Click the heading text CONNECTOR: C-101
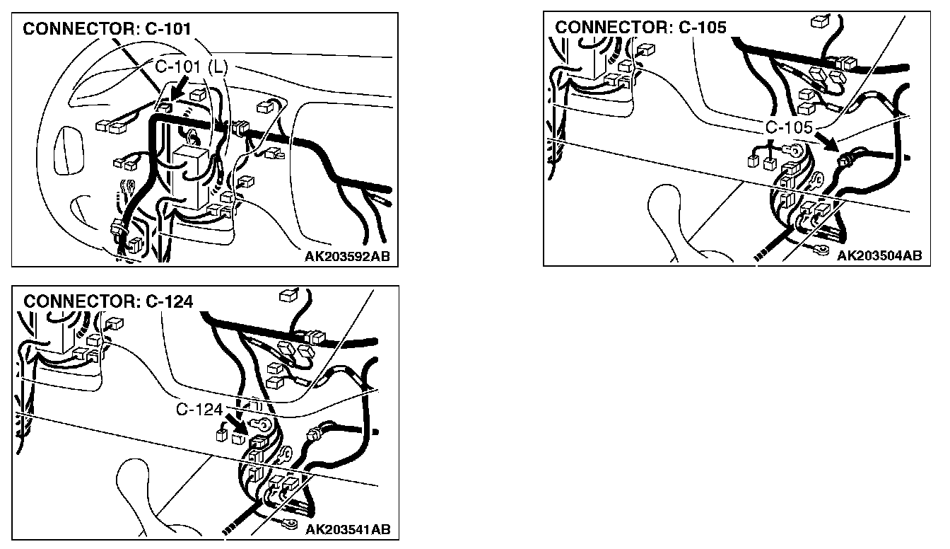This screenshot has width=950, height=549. [107, 29]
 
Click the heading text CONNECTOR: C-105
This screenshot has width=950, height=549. [640, 27]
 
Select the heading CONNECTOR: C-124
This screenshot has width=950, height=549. [108, 301]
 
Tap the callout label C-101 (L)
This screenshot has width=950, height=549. [192, 67]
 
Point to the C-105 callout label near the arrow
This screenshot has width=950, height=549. [789, 127]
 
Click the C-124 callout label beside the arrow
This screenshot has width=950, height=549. [199, 410]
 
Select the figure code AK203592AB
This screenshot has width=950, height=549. [347, 256]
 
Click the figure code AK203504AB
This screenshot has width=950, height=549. [879, 255]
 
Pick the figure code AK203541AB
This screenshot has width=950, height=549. [348, 529]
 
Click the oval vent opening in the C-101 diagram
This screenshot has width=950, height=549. [66, 150]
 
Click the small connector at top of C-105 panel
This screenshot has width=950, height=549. [820, 21]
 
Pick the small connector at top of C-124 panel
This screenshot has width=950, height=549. [289, 295]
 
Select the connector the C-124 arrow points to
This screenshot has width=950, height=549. [258, 442]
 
